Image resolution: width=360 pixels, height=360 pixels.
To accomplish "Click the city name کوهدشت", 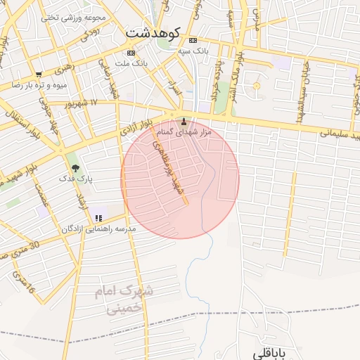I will [x=153, y=32].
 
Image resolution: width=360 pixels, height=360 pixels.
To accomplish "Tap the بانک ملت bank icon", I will [x=131, y=53].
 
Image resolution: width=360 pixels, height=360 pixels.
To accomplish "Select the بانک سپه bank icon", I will [x=193, y=40].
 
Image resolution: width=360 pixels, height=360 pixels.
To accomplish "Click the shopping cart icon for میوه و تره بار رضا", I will [x=39, y=74].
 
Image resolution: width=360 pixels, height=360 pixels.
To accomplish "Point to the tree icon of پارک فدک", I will [x=75, y=168].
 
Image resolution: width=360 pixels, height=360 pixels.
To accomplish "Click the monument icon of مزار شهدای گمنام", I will [x=184, y=121].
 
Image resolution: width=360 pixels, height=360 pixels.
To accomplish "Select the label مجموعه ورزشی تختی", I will [x=74, y=17].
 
